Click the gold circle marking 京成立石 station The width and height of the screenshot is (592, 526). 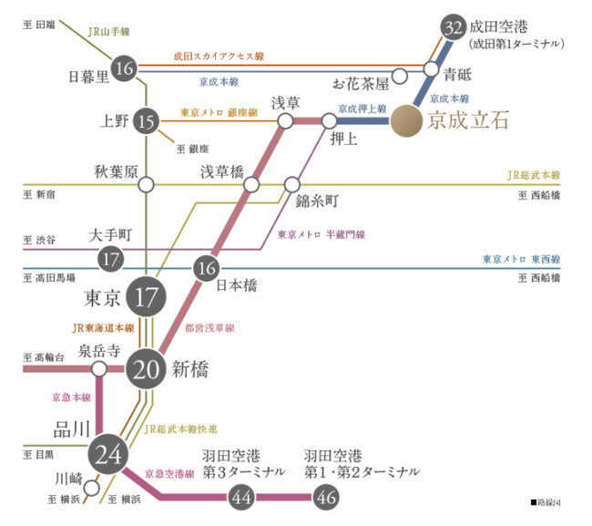coord(405,120)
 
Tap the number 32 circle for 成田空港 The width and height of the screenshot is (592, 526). coord(452,27)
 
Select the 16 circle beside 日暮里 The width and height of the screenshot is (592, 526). coord(126,68)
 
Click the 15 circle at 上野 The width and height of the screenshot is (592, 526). coord(145,119)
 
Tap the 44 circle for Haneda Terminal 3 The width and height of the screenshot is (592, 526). coord(241,497)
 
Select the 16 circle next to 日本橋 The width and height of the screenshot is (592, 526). coord(207,267)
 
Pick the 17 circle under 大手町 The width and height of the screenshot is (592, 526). coord(111,259)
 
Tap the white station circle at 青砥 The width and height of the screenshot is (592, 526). coord(431,69)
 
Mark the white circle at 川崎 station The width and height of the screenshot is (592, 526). coord(91,487)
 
